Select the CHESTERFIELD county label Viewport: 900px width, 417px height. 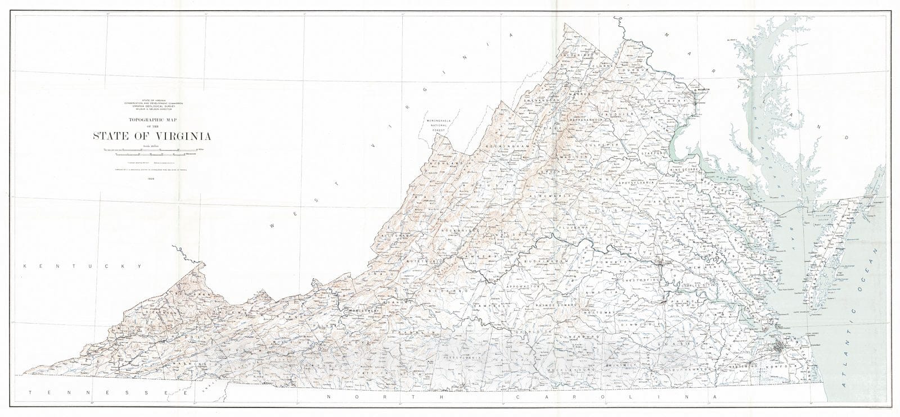[640, 279]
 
